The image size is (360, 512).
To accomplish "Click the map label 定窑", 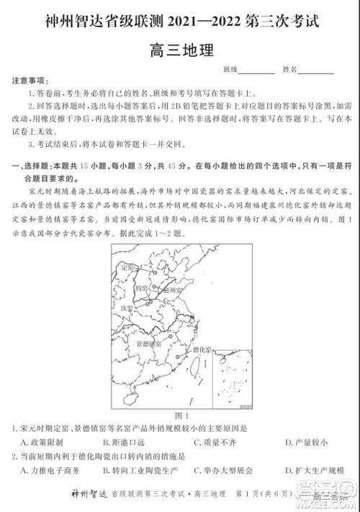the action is [127, 267].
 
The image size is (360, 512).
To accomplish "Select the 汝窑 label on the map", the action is [126, 307].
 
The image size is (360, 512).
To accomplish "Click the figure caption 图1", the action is [181, 416].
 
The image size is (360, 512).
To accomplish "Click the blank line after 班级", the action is [256, 70].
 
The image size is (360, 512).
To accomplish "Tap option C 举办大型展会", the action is [224, 471].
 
